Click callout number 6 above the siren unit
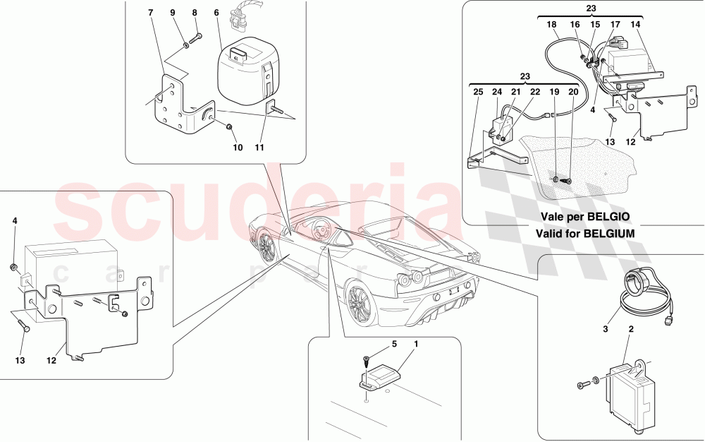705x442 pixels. (x=216, y=13)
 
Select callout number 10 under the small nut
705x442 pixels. (x=238, y=148)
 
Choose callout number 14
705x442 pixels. (x=636, y=25)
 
